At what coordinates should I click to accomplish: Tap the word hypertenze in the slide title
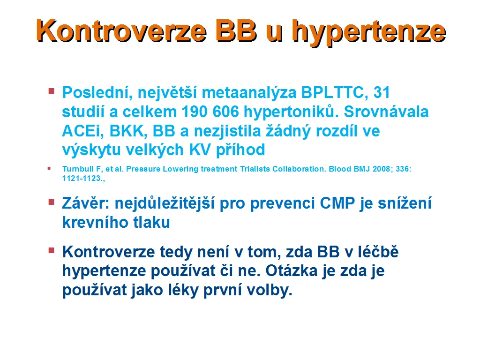[368, 32]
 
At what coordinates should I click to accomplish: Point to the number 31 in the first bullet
[382, 92]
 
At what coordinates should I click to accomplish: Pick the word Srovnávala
[386, 112]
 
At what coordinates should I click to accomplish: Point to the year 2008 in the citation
[381, 169]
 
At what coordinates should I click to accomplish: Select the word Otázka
[291, 270]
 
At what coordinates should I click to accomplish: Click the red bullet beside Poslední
[52, 91]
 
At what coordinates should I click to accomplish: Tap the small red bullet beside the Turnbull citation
[49, 168]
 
